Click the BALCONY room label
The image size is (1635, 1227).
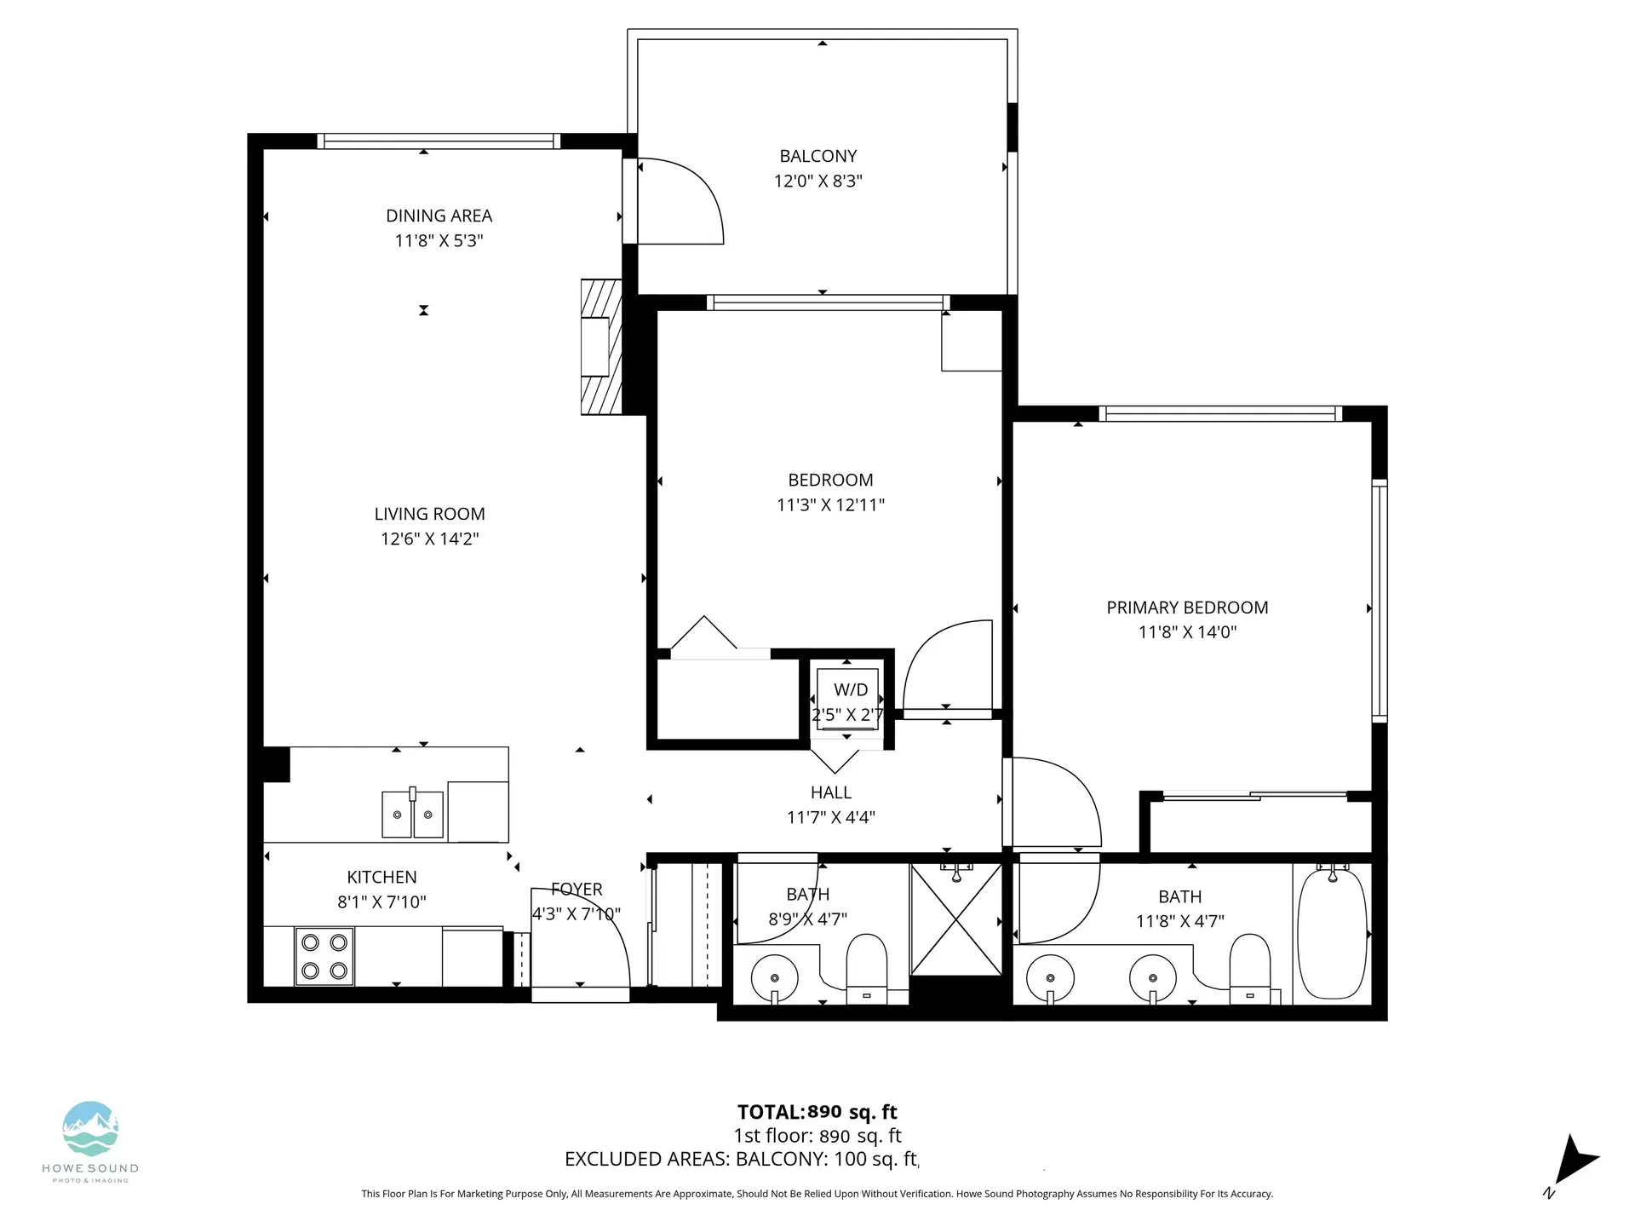(817, 156)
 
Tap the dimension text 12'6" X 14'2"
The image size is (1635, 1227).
(429, 539)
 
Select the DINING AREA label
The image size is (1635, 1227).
(439, 216)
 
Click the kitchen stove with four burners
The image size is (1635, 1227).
(324, 956)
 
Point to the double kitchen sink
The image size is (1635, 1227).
(412, 815)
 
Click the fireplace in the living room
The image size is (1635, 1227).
(599, 347)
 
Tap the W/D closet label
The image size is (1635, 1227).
(850, 690)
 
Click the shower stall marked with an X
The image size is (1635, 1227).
(955, 920)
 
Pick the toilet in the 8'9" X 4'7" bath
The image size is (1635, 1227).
(867, 971)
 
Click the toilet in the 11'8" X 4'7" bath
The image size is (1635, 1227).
(1250, 971)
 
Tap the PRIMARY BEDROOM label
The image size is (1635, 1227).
(1187, 608)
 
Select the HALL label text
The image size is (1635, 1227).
(830, 792)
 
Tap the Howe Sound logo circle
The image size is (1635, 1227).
(90, 1129)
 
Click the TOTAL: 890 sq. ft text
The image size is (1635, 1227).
(817, 1112)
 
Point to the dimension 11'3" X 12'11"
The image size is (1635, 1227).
(830, 504)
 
